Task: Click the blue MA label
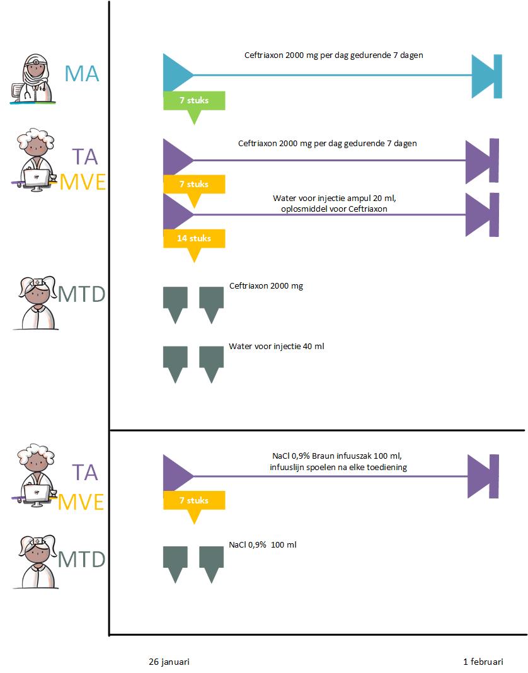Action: (x=82, y=74)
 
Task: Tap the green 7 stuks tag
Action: (x=194, y=101)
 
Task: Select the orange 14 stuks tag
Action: (x=194, y=238)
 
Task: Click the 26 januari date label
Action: (x=169, y=662)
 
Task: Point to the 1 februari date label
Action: (x=483, y=662)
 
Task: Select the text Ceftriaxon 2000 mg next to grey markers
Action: (x=266, y=286)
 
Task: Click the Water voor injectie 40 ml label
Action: (x=277, y=347)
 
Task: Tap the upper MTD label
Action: (x=82, y=294)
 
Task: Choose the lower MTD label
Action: (x=82, y=559)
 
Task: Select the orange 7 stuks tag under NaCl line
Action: (x=194, y=501)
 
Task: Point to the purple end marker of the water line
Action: (x=482, y=214)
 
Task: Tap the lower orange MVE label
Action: (x=82, y=502)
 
